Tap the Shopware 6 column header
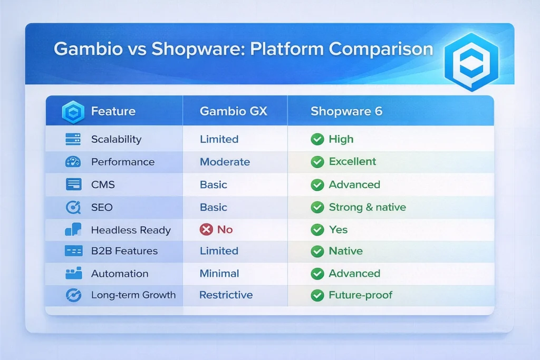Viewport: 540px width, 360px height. [346, 111]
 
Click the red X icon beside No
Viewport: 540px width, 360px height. [206, 230]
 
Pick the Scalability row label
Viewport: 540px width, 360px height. [116, 139]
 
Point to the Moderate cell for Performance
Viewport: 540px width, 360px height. [225, 162]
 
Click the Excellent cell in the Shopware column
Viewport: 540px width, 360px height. [352, 162]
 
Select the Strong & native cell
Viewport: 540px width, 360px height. [367, 207]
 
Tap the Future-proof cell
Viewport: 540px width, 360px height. [360, 295]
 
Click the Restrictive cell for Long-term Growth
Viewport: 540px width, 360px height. [226, 295]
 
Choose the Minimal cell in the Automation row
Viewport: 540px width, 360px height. [219, 274]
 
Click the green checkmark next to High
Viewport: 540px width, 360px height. [317, 139]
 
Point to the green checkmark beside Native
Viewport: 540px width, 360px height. [317, 251]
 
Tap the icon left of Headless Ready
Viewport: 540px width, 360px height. [73, 230]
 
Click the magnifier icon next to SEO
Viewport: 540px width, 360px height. [73, 207]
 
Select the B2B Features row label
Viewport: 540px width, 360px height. [124, 251]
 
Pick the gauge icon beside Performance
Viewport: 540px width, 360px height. [73, 162]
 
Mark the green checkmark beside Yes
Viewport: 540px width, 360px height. [317, 230]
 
